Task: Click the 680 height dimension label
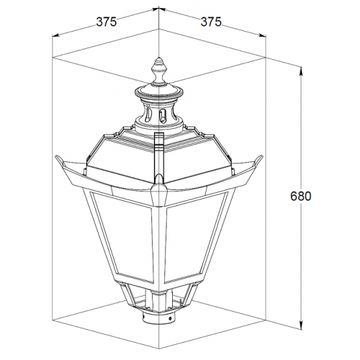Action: (x=300, y=196)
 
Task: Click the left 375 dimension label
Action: (x=107, y=22)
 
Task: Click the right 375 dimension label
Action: (x=211, y=22)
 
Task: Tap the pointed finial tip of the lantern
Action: (x=158, y=58)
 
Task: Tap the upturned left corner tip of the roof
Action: (x=57, y=156)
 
